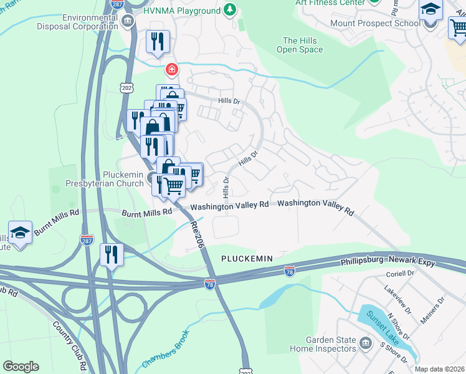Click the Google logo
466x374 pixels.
tap(21, 367)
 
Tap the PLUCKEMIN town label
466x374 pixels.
tap(247, 257)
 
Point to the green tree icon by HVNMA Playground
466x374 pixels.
tap(231, 10)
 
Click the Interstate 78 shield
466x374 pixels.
tap(210, 284)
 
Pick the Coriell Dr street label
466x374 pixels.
tap(400, 273)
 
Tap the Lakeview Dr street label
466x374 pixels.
tap(397, 300)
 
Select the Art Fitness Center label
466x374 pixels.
tap(331, 3)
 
